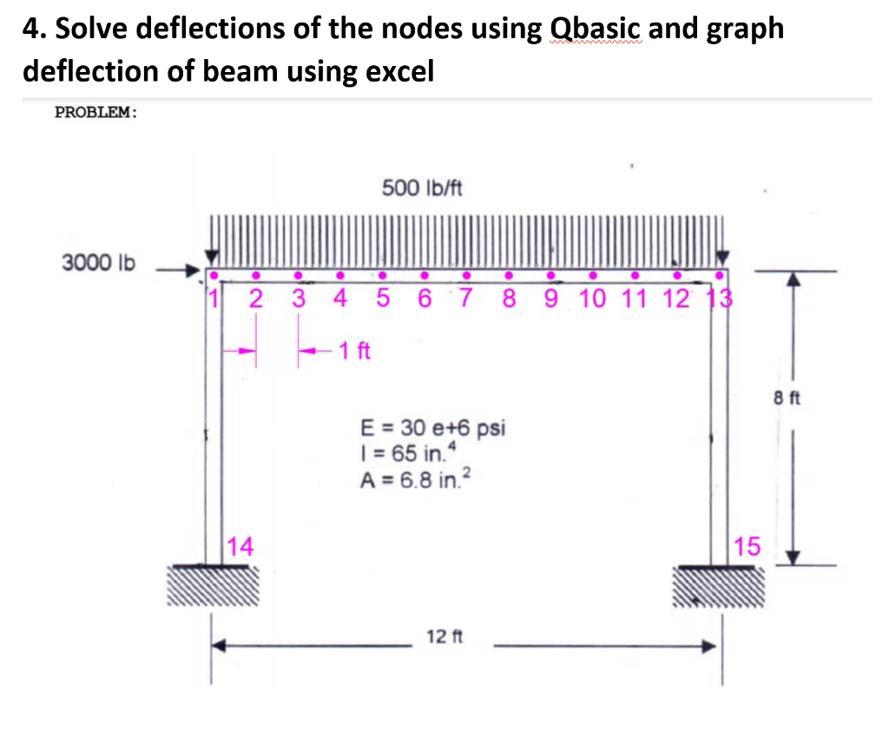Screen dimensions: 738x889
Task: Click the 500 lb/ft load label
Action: point(422,188)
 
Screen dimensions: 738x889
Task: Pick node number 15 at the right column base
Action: point(747,547)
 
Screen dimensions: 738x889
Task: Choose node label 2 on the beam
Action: point(255,300)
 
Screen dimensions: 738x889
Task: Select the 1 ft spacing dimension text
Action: point(355,352)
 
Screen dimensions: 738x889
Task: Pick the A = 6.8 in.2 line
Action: point(415,478)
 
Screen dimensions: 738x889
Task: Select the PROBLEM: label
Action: point(95,112)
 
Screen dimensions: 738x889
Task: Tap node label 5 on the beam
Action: point(382,300)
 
